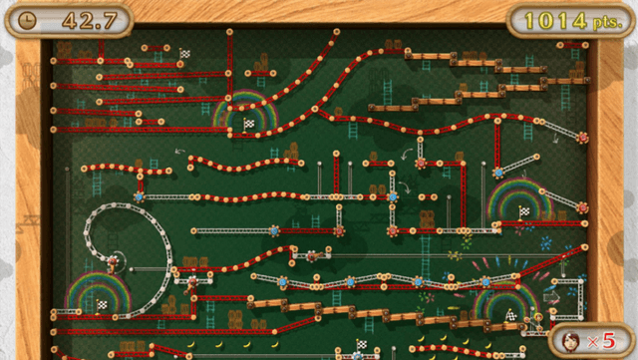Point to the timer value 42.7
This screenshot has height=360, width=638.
[82, 20]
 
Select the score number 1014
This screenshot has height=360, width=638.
[554, 20]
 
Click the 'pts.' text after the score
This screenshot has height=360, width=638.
[604, 21]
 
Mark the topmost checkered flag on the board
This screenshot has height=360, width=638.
[185, 52]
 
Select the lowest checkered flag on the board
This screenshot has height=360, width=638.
[361, 345]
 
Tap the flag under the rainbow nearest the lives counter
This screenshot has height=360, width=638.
[511, 314]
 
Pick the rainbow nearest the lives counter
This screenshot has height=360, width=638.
[504, 302]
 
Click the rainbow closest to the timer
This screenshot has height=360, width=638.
[244, 108]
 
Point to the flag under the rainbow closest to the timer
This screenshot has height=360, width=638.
[249, 123]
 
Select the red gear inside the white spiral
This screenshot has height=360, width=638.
[114, 262]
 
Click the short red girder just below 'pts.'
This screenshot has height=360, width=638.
[572, 44]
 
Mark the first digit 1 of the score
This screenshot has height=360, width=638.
[530, 20]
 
